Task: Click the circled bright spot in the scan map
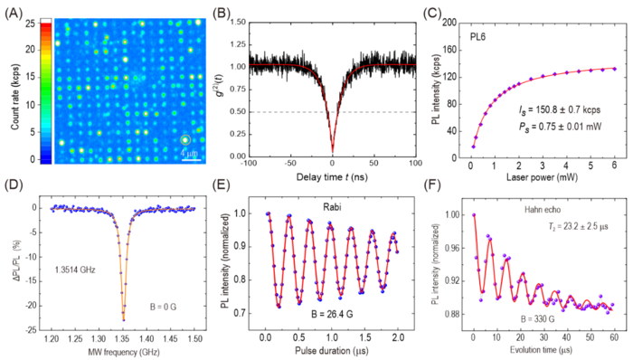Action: tap(185, 140)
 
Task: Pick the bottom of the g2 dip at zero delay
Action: tap(332, 152)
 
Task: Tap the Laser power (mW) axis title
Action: tap(539, 175)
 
